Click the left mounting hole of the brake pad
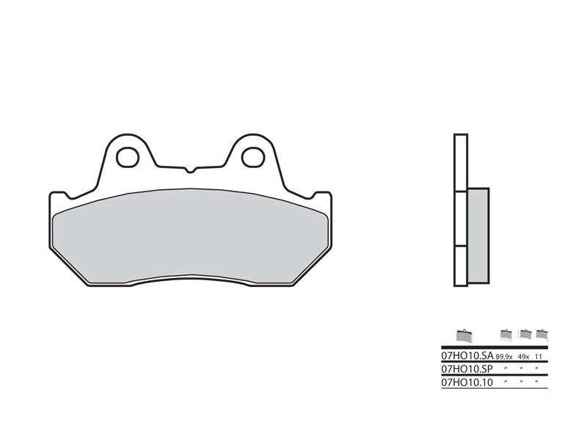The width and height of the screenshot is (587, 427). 128,156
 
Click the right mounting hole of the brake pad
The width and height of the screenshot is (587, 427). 252,156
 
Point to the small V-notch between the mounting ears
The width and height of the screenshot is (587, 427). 190,171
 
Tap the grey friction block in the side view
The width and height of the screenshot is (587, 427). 477,236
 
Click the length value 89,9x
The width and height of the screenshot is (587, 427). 506,356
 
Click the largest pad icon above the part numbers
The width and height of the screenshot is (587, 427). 464,335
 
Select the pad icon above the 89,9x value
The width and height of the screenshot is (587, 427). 506,335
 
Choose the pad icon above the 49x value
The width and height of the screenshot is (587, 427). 525,335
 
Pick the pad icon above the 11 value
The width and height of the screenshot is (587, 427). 542,335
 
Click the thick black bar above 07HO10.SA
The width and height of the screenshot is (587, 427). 495,346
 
